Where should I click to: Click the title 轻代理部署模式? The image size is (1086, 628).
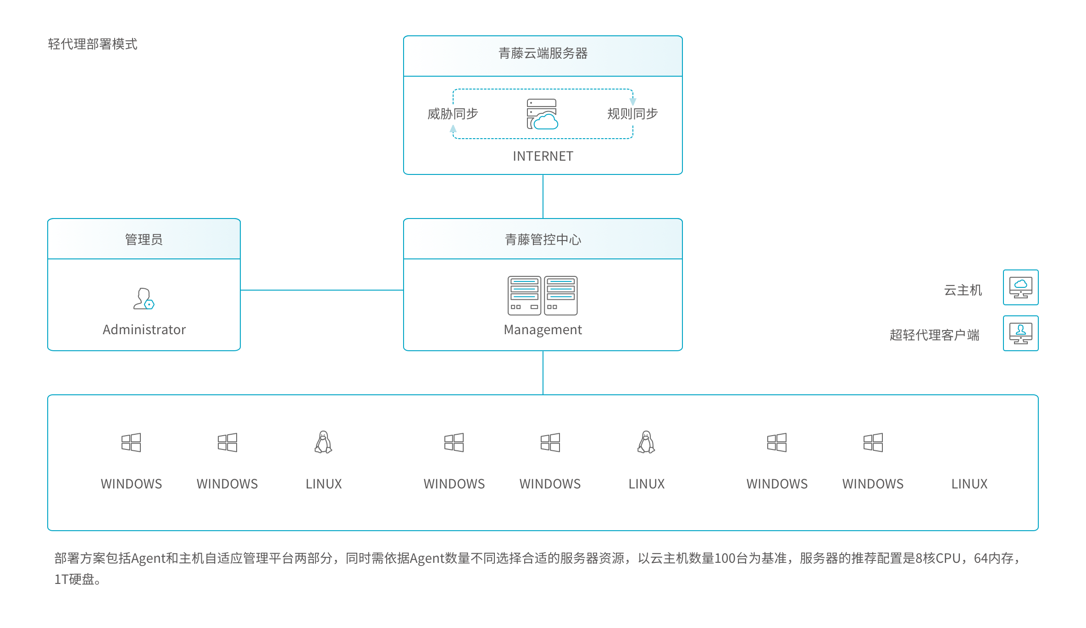pos(93,44)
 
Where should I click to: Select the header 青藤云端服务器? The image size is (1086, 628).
pos(543,53)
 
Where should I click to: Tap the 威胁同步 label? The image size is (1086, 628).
pos(453,113)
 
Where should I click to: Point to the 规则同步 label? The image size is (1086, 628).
pos(632,113)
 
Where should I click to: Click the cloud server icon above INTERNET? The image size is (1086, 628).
pos(542,114)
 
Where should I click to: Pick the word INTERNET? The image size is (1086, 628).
pos(543,156)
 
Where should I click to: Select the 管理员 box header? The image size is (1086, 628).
pos(144,239)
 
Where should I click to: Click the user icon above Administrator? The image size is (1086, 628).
pos(144,299)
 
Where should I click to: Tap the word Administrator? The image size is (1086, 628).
pos(144,330)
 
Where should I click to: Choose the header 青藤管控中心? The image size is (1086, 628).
pos(543,239)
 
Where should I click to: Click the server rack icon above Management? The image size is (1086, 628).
pos(543,296)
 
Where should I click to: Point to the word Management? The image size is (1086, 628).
pos(543,330)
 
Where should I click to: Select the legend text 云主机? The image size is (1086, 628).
pos(963,290)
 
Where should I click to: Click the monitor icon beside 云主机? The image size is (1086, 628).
pos(1021,287)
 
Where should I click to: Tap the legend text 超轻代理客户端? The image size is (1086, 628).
pos(935,335)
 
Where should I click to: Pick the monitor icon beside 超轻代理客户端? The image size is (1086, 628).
pos(1021,333)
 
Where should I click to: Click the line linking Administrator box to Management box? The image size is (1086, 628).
pos(322,290)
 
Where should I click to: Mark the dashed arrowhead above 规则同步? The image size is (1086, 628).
pos(633,101)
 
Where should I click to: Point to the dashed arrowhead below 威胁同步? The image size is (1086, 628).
pos(453,129)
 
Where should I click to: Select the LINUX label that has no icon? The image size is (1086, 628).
pos(970,484)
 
